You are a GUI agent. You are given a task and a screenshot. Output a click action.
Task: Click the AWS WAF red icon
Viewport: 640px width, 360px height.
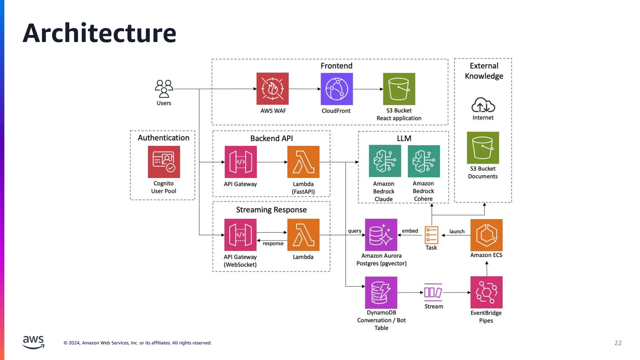[x=272, y=89]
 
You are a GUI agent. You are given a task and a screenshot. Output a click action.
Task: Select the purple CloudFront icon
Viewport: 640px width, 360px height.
[x=337, y=89]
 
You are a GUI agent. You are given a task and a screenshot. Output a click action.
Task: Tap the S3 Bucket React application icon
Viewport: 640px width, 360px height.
[x=399, y=89]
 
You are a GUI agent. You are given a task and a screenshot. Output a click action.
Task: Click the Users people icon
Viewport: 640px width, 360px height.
[x=164, y=89]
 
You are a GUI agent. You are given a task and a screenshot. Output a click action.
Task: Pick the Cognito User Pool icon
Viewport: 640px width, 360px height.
[x=164, y=162]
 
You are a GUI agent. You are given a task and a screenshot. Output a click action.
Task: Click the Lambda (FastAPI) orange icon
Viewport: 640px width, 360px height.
[x=303, y=162]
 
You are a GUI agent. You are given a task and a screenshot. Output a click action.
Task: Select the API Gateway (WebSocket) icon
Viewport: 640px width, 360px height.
[x=240, y=235]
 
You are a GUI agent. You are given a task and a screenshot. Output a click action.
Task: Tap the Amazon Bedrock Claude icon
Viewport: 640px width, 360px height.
[x=385, y=161]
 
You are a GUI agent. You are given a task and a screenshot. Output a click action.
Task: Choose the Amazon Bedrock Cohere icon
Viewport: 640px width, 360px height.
[x=424, y=161]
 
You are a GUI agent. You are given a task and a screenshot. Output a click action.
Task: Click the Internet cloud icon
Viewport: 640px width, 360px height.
[x=483, y=105]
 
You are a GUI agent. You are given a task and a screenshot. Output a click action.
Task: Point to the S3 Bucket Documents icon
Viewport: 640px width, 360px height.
[x=483, y=147]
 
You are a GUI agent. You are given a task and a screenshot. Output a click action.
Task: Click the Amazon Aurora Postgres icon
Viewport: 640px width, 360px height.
[x=381, y=235]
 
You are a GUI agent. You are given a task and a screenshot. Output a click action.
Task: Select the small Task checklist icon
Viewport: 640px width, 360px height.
[x=431, y=235]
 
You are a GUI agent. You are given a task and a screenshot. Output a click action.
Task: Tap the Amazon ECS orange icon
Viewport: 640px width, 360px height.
[x=486, y=235]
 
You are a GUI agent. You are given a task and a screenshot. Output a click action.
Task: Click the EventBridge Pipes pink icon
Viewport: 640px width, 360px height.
[x=486, y=292]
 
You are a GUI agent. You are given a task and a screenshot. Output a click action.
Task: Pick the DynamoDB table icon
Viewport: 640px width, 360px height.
[x=381, y=292]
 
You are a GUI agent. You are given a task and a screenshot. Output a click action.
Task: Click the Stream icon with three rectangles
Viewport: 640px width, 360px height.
[x=433, y=292]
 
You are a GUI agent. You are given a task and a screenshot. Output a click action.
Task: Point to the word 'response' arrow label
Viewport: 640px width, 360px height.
[x=273, y=243]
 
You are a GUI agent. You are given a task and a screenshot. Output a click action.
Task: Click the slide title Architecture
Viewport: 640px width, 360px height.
[x=99, y=33]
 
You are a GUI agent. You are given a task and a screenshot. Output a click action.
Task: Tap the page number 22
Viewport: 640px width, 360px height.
[x=618, y=343]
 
